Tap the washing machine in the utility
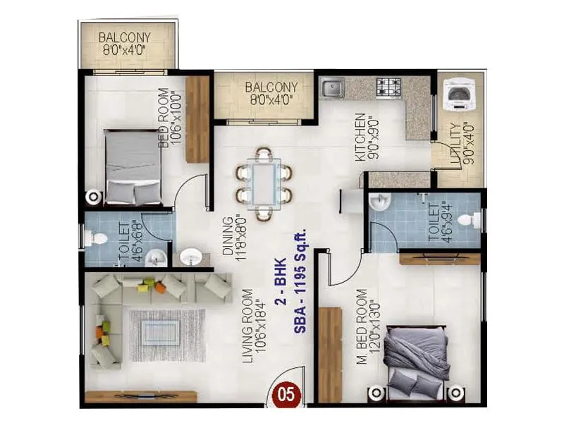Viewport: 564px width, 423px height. pyautogui.click(x=458, y=94)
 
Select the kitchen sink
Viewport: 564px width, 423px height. pyautogui.click(x=332, y=88)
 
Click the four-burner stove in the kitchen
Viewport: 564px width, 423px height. pyautogui.click(x=388, y=87)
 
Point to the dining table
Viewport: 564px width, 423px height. pyautogui.click(x=264, y=183)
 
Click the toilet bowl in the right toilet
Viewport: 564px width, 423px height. pyautogui.click(x=469, y=221)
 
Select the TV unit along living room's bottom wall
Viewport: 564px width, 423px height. pyautogui.click(x=141, y=396)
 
